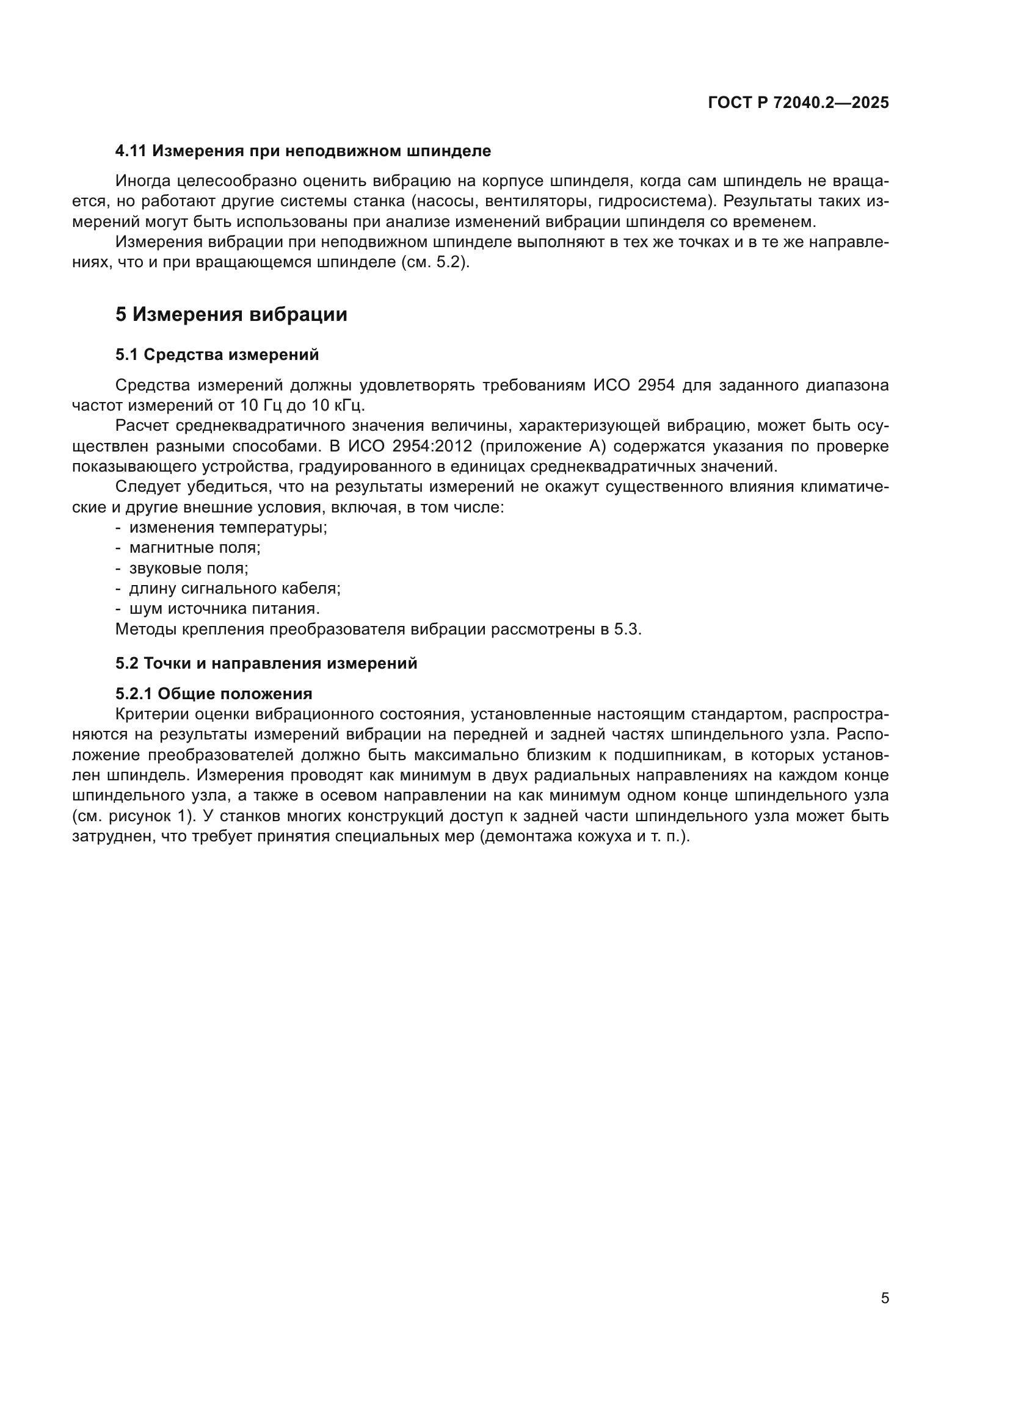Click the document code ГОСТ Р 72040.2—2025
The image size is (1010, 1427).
(x=798, y=103)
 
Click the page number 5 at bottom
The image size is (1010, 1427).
(x=884, y=1298)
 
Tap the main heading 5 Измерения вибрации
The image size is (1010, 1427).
(x=231, y=314)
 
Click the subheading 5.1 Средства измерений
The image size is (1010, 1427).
(x=217, y=355)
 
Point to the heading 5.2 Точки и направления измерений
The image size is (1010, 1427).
(x=266, y=663)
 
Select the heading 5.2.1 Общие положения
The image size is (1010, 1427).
(x=214, y=694)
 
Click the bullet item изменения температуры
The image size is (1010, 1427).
(x=228, y=528)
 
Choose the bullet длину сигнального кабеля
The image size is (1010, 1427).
(x=234, y=589)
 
